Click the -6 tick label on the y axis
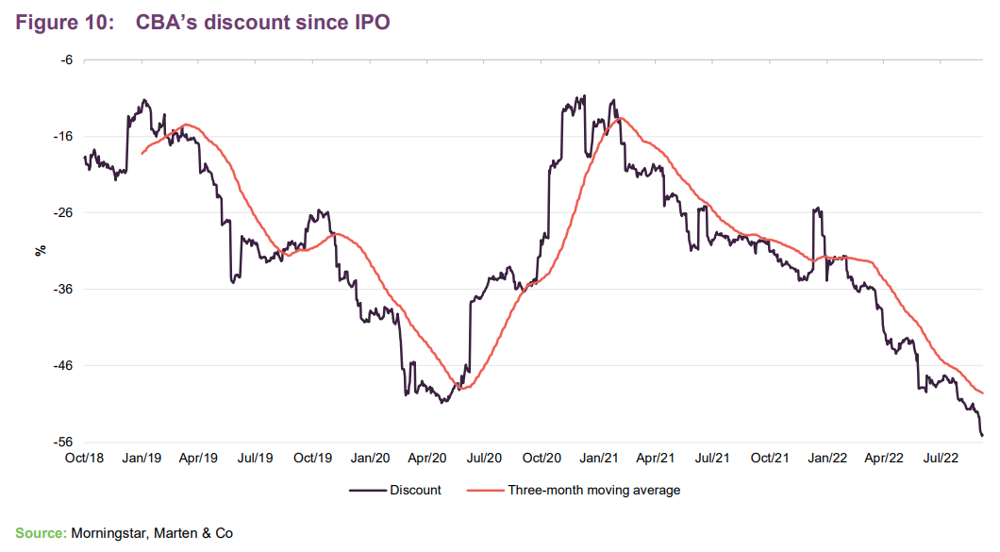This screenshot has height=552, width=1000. (x=66, y=59)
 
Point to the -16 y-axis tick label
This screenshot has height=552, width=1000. (x=63, y=136)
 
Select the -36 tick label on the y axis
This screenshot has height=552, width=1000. (x=63, y=289)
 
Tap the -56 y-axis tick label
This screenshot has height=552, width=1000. (x=63, y=442)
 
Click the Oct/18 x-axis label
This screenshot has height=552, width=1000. (x=84, y=458)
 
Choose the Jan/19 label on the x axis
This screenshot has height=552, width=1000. (x=142, y=458)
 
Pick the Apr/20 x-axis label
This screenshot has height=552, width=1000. (x=426, y=458)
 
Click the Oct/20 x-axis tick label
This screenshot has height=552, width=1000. (x=541, y=458)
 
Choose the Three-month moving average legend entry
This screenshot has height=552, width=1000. (x=593, y=491)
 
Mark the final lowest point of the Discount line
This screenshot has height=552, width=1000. (x=982, y=435)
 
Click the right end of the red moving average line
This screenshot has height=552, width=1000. (x=983, y=393)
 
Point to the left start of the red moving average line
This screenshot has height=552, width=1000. (x=142, y=154)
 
